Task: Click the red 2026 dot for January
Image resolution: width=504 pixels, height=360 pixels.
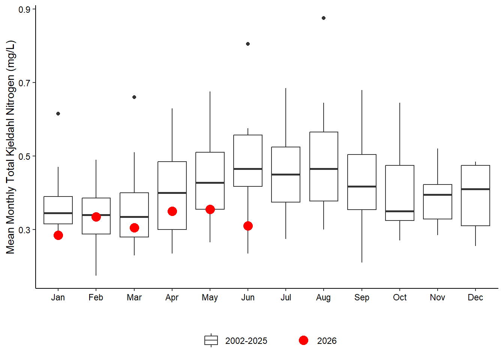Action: point(58,235)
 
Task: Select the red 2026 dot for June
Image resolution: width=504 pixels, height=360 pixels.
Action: point(248,226)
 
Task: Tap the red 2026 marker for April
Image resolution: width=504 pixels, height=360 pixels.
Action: point(172,211)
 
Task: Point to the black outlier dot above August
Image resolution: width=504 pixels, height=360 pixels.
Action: point(324,18)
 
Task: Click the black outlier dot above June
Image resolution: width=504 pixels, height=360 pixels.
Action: point(248,44)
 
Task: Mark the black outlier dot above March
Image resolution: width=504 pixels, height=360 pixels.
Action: point(134,97)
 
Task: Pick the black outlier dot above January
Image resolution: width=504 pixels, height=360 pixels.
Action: point(58,114)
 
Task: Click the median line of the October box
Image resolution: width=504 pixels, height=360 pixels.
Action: point(400,211)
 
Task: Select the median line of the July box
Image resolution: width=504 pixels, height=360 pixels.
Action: point(286,174)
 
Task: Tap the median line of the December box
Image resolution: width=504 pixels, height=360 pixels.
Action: point(475,189)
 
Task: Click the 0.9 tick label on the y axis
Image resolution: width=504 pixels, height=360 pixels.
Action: point(24,10)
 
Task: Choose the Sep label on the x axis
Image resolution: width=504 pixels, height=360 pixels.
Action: point(362,298)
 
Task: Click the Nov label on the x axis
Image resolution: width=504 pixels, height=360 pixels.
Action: point(437,297)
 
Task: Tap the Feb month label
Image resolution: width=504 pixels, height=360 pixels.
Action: point(96,297)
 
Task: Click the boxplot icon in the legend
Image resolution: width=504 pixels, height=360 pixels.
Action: point(211,340)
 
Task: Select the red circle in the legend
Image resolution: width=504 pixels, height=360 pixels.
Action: point(303,340)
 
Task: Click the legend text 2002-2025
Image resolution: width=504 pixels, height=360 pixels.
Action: point(246,341)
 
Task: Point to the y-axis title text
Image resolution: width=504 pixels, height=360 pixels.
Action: point(10,147)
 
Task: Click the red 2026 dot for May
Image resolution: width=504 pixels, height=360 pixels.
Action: point(210,210)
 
